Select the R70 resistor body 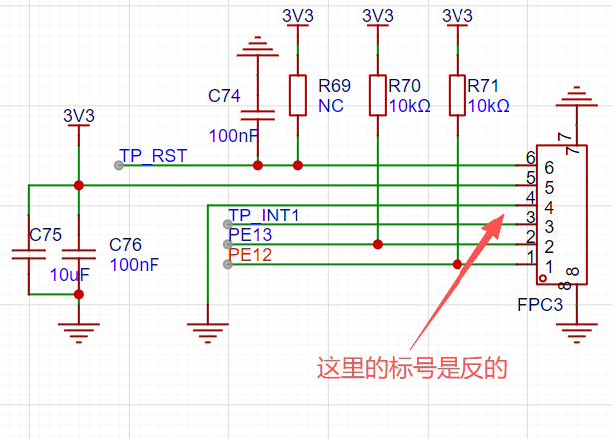[377, 95]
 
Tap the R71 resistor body [457, 95]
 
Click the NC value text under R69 [330, 105]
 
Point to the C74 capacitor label [224, 96]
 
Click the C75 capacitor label [45, 236]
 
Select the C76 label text [125, 245]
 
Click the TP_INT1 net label [263, 216]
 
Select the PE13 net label [249, 235]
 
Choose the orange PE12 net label [249, 255]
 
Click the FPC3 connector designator [540, 304]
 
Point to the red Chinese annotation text [413, 368]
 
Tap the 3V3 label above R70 [377, 16]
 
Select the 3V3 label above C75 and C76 [78, 116]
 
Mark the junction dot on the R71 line [457, 264]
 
